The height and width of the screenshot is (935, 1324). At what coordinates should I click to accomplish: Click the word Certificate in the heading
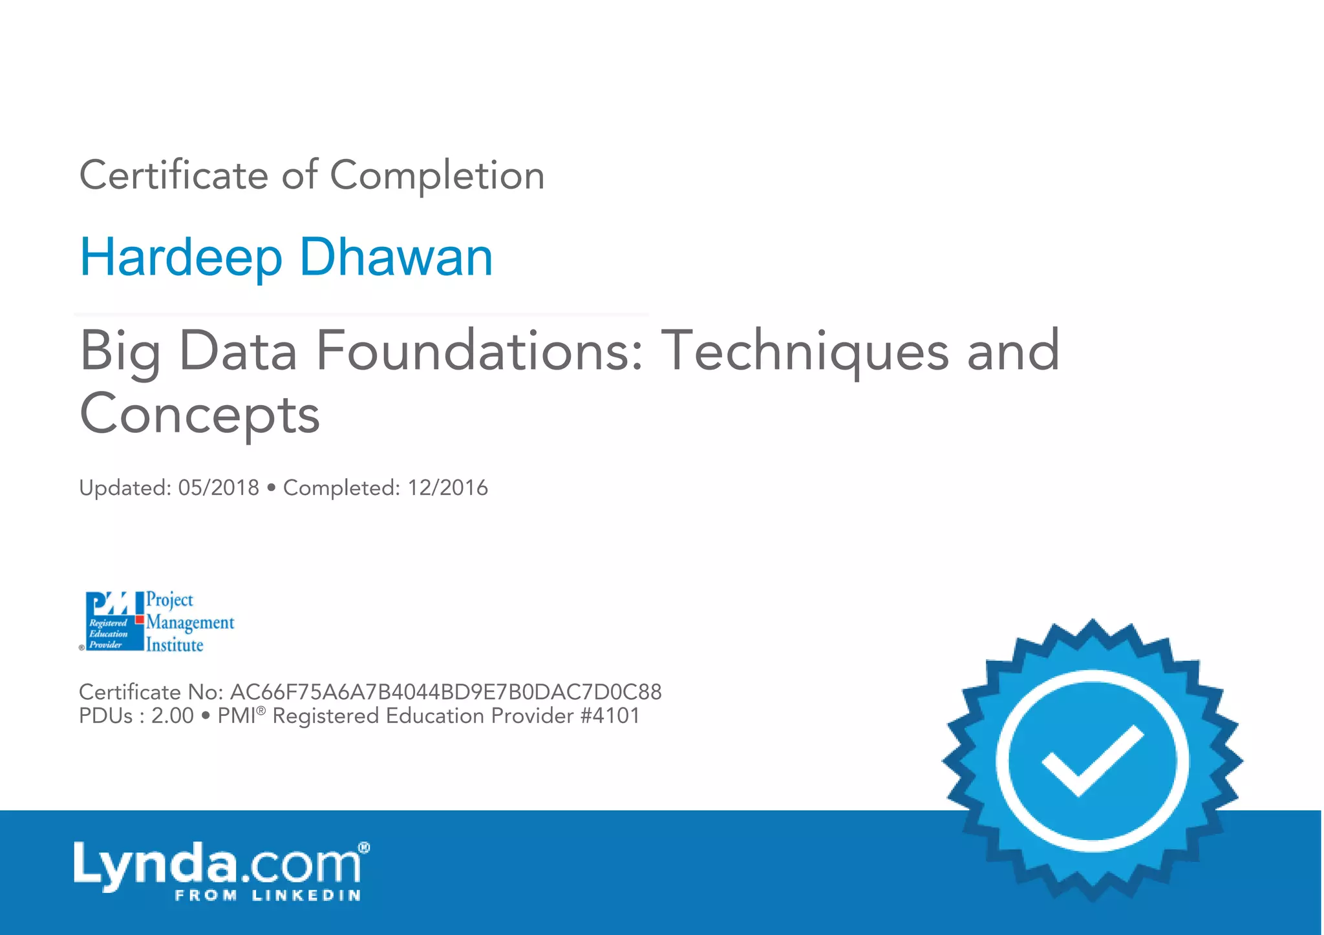(x=173, y=175)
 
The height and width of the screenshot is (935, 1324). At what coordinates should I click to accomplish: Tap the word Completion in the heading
(x=437, y=175)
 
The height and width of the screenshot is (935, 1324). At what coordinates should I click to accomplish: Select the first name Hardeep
(x=181, y=257)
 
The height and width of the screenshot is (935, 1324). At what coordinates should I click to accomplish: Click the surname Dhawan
(x=396, y=257)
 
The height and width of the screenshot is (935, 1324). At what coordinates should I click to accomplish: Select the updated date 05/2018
(x=219, y=488)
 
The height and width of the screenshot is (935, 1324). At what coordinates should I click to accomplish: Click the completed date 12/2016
(x=447, y=488)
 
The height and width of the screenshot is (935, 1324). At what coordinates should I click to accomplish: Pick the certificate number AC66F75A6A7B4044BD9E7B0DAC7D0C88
(x=445, y=692)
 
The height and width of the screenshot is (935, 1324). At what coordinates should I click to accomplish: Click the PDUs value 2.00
(x=172, y=716)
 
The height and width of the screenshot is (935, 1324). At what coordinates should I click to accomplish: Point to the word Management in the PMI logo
(x=190, y=622)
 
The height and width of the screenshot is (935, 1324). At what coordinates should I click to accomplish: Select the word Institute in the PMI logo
(x=175, y=645)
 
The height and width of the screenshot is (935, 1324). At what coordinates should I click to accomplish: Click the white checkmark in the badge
(x=1092, y=760)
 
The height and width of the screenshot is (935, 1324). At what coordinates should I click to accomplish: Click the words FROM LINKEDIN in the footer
(x=268, y=896)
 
